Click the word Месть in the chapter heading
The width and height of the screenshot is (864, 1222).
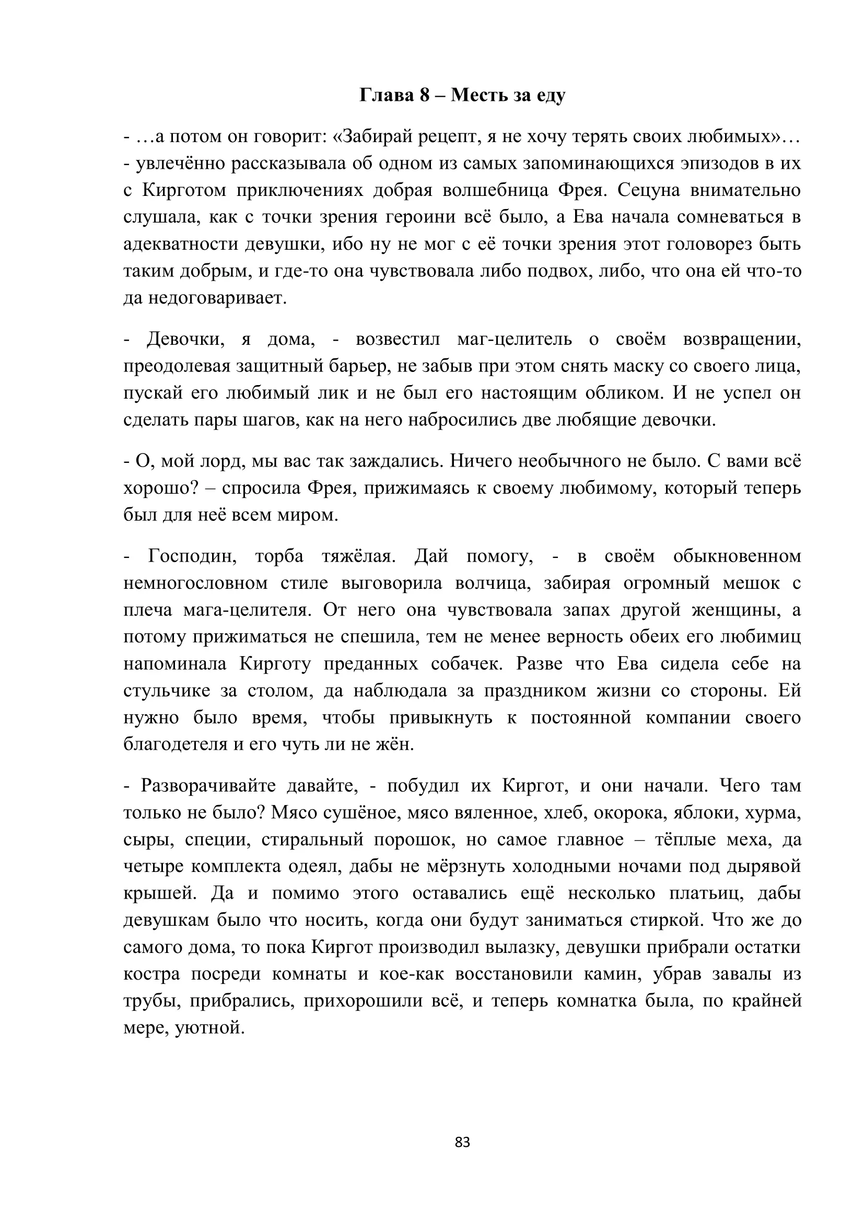point(479,95)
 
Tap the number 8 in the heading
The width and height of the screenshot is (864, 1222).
point(424,95)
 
